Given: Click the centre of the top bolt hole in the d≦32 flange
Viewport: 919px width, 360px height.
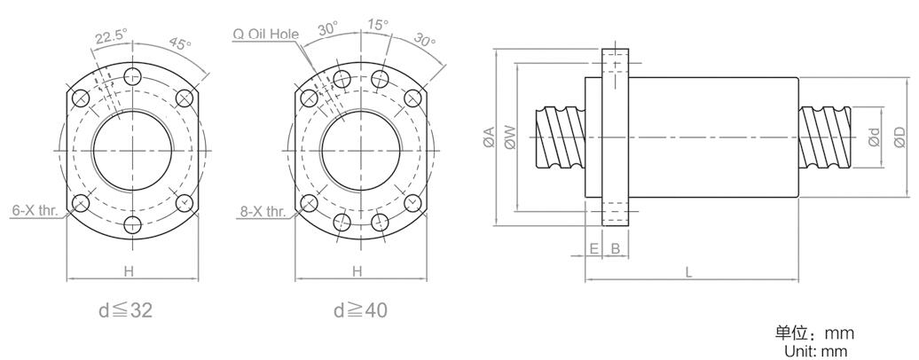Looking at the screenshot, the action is (133, 76).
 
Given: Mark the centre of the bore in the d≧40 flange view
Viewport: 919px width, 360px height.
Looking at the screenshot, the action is (362, 151).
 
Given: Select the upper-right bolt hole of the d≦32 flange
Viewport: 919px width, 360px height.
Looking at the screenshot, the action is (185, 98).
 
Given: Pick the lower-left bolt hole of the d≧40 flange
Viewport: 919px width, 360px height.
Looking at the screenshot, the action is (310, 204).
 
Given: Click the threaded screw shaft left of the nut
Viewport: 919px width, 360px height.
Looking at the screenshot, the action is (560, 137).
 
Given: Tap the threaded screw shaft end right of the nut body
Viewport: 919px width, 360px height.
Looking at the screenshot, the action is (825, 137).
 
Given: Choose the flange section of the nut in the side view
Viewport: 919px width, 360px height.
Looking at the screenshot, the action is (616, 137).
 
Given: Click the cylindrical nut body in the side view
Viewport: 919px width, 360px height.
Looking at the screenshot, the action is (713, 137).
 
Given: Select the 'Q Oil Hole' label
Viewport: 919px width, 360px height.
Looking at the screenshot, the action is (265, 34).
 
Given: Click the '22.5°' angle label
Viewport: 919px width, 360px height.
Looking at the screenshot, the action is (112, 37).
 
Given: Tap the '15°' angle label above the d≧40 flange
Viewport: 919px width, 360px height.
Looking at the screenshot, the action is (378, 25).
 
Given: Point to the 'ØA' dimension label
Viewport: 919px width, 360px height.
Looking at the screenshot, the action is (490, 137).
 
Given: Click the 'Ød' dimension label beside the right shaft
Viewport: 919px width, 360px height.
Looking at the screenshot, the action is (874, 137).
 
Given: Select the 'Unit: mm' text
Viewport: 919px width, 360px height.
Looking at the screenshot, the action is (815, 352).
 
